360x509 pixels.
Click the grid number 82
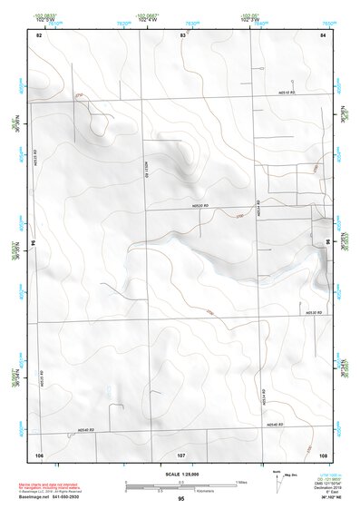pyautogui.click(x=39, y=34)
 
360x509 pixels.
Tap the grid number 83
pyautogui.click(x=182, y=34)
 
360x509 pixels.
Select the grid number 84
pyautogui.click(x=323, y=34)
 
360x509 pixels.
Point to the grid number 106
pyautogui.click(x=39, y=454)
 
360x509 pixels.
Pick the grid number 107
pyautogui.click(x=181, y=454)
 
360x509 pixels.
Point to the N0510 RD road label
pyautogui.click(x=288, y=93)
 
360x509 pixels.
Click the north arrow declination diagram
pyautogui.click(x=277, y=479)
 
